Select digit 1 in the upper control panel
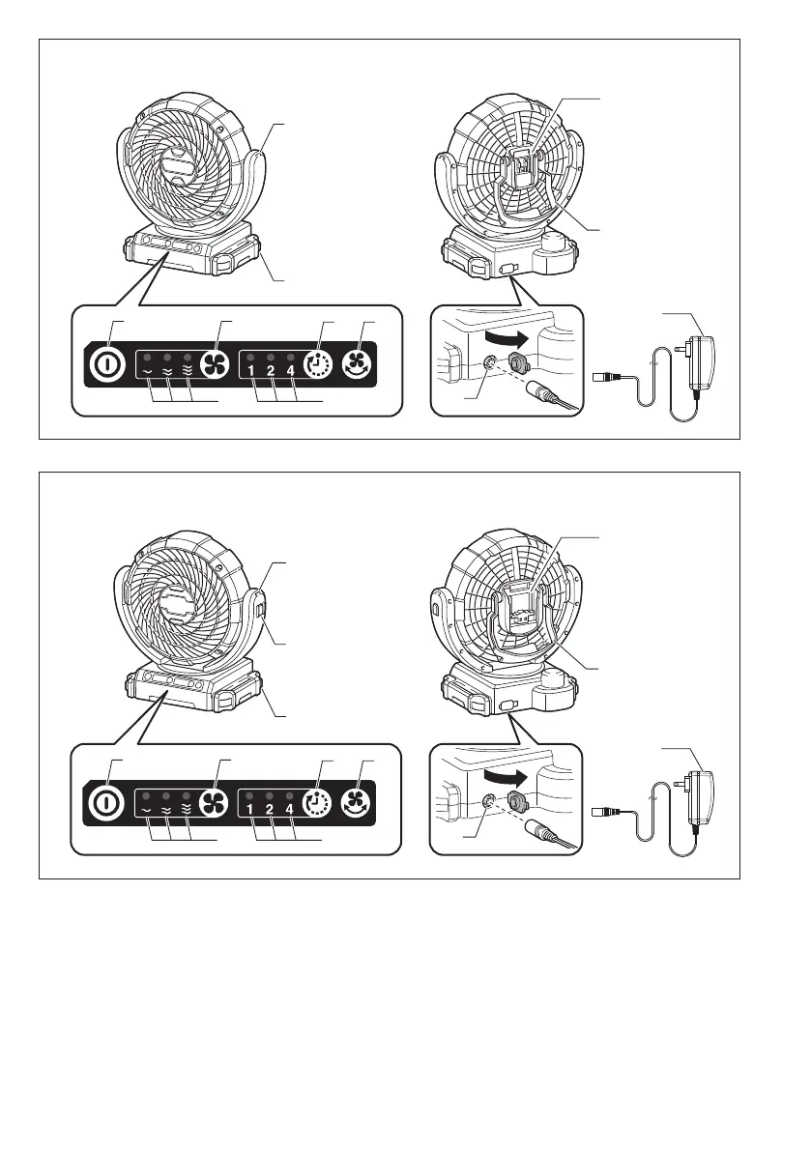tap(250, 370)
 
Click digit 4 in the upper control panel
tap(290, 370)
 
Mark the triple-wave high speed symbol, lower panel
tap(188, 809)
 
